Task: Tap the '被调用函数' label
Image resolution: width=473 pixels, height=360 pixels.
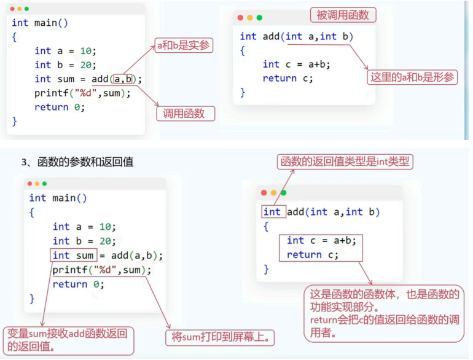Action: pos(343,15)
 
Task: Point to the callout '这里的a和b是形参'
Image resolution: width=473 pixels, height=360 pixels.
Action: pos(413,77)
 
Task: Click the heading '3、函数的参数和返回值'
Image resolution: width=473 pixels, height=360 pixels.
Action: pos(77,162)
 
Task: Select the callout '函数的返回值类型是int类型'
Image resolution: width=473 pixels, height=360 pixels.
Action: pos(346,162)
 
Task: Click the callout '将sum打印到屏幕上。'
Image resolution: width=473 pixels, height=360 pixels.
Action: pos(220,337)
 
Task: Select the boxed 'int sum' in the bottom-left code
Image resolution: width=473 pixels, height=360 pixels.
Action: pos(73,256)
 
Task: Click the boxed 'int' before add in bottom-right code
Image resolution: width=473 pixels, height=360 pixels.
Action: pos(272,212)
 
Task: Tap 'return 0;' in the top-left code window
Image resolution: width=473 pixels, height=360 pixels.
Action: pos(60,107)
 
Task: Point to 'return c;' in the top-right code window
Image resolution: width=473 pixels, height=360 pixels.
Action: pos(287,78)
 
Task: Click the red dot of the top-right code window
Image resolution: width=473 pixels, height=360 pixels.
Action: pos(240,18)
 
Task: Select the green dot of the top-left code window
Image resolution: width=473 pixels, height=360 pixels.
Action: pos(26,9)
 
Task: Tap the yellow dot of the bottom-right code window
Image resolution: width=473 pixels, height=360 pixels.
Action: pos(273,193)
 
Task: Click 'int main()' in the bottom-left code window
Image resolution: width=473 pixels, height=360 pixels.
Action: pos(58,198)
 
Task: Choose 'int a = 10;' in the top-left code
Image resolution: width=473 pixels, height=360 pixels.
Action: pos(65,51)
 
